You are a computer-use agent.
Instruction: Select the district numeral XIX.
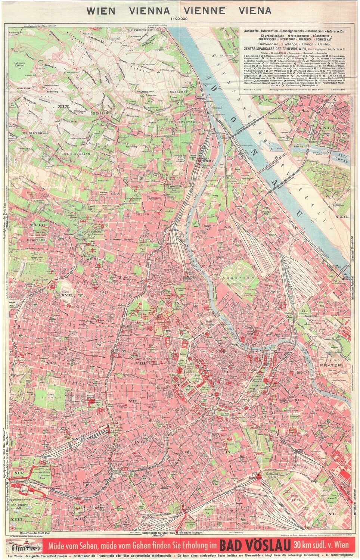[65, 107]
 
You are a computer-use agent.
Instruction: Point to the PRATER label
[330, 365]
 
